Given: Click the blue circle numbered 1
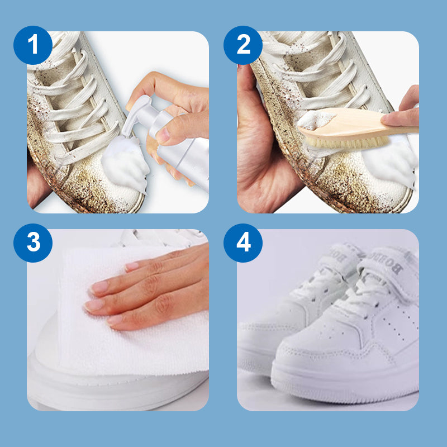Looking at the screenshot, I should [x=33, y=45].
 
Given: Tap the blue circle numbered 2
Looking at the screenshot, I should [x=243, y=45].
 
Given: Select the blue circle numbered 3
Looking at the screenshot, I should [x=33, y=243].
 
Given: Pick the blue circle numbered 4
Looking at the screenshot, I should [x=243, y=243].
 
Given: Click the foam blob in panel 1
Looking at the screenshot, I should [x=124, y=163].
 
